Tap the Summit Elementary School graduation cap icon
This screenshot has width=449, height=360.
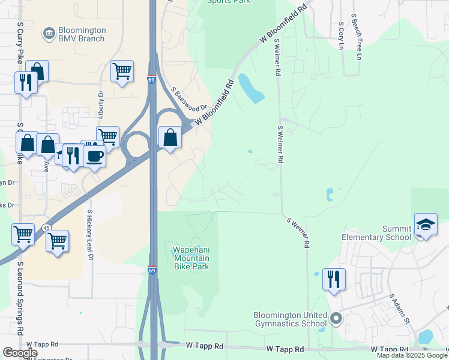(x=426, y=224)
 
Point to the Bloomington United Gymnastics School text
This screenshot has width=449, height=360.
(x=290, y=319)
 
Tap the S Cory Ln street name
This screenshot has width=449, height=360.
(x=341, y=36)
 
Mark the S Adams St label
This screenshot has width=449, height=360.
(x=399, y=308)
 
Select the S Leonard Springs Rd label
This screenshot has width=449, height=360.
(x=20, y=298)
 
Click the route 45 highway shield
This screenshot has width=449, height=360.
(x=47, y=227)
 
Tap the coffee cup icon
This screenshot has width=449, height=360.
(x=94, y=156)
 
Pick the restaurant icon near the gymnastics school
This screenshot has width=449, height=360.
(x=334, y=279)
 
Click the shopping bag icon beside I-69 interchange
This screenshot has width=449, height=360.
(x=170, y=137)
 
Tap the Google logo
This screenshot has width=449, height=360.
(x=20, y=353)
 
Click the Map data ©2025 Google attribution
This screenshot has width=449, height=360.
(x=411, y=355)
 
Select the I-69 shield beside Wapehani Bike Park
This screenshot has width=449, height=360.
(x=152, y=271)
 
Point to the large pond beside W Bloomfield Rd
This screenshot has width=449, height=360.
(x=251, y=88)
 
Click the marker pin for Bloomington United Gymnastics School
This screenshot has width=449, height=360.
(x=336, y=319)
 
